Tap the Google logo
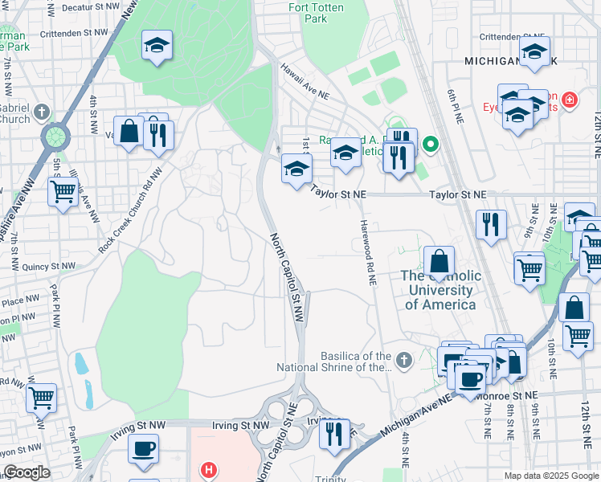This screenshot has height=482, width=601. click(27, 472)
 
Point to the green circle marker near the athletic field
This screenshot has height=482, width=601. click(430, 145)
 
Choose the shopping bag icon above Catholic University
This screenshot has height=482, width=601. click(439, 262)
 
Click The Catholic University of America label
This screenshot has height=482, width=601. click(440, 290)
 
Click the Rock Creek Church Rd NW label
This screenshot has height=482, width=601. click(131, 217)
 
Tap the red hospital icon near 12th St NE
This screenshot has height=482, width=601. click(569, 100)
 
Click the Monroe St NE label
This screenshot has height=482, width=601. click(506, 396)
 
